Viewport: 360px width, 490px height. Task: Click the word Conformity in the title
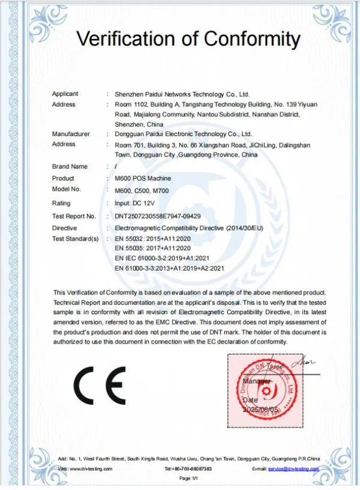252,39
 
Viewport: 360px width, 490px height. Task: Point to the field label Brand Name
70,166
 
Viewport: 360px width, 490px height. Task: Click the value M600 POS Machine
143,178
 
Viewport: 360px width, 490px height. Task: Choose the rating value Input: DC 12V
136,203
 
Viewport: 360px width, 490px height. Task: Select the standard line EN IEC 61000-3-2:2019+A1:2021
166,258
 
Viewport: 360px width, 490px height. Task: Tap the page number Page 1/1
188,478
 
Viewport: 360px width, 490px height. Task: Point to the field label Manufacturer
71,134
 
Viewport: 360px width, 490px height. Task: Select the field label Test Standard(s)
76,239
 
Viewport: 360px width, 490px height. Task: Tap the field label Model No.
67,189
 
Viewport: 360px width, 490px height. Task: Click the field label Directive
64,228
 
